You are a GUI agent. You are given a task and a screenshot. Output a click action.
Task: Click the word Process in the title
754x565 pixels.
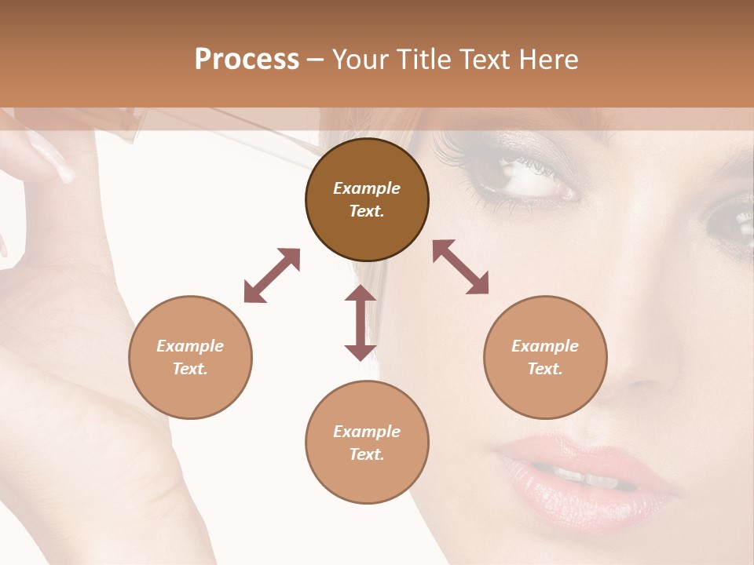[247, 60]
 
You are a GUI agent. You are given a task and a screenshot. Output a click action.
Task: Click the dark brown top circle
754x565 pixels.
[367, 199]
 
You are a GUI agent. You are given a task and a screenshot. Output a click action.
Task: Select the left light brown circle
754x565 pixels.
[190, 357]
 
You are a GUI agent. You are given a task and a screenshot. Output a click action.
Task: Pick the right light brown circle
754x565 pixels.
[545, 357]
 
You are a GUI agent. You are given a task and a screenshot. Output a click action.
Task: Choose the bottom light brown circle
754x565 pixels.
[367, 443]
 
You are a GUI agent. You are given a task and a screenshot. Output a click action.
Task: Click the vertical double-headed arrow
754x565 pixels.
[361, 323]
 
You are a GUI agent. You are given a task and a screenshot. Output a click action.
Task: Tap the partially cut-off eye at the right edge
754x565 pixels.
[730, 216]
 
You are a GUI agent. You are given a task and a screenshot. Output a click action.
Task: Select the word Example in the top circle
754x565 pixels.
[367, 188]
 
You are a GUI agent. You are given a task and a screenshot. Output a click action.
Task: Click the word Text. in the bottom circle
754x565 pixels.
[367, 454]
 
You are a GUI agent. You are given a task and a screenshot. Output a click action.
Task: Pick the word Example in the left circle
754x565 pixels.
[190, 346]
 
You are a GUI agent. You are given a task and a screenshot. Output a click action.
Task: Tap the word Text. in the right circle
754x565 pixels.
[545, 369]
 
